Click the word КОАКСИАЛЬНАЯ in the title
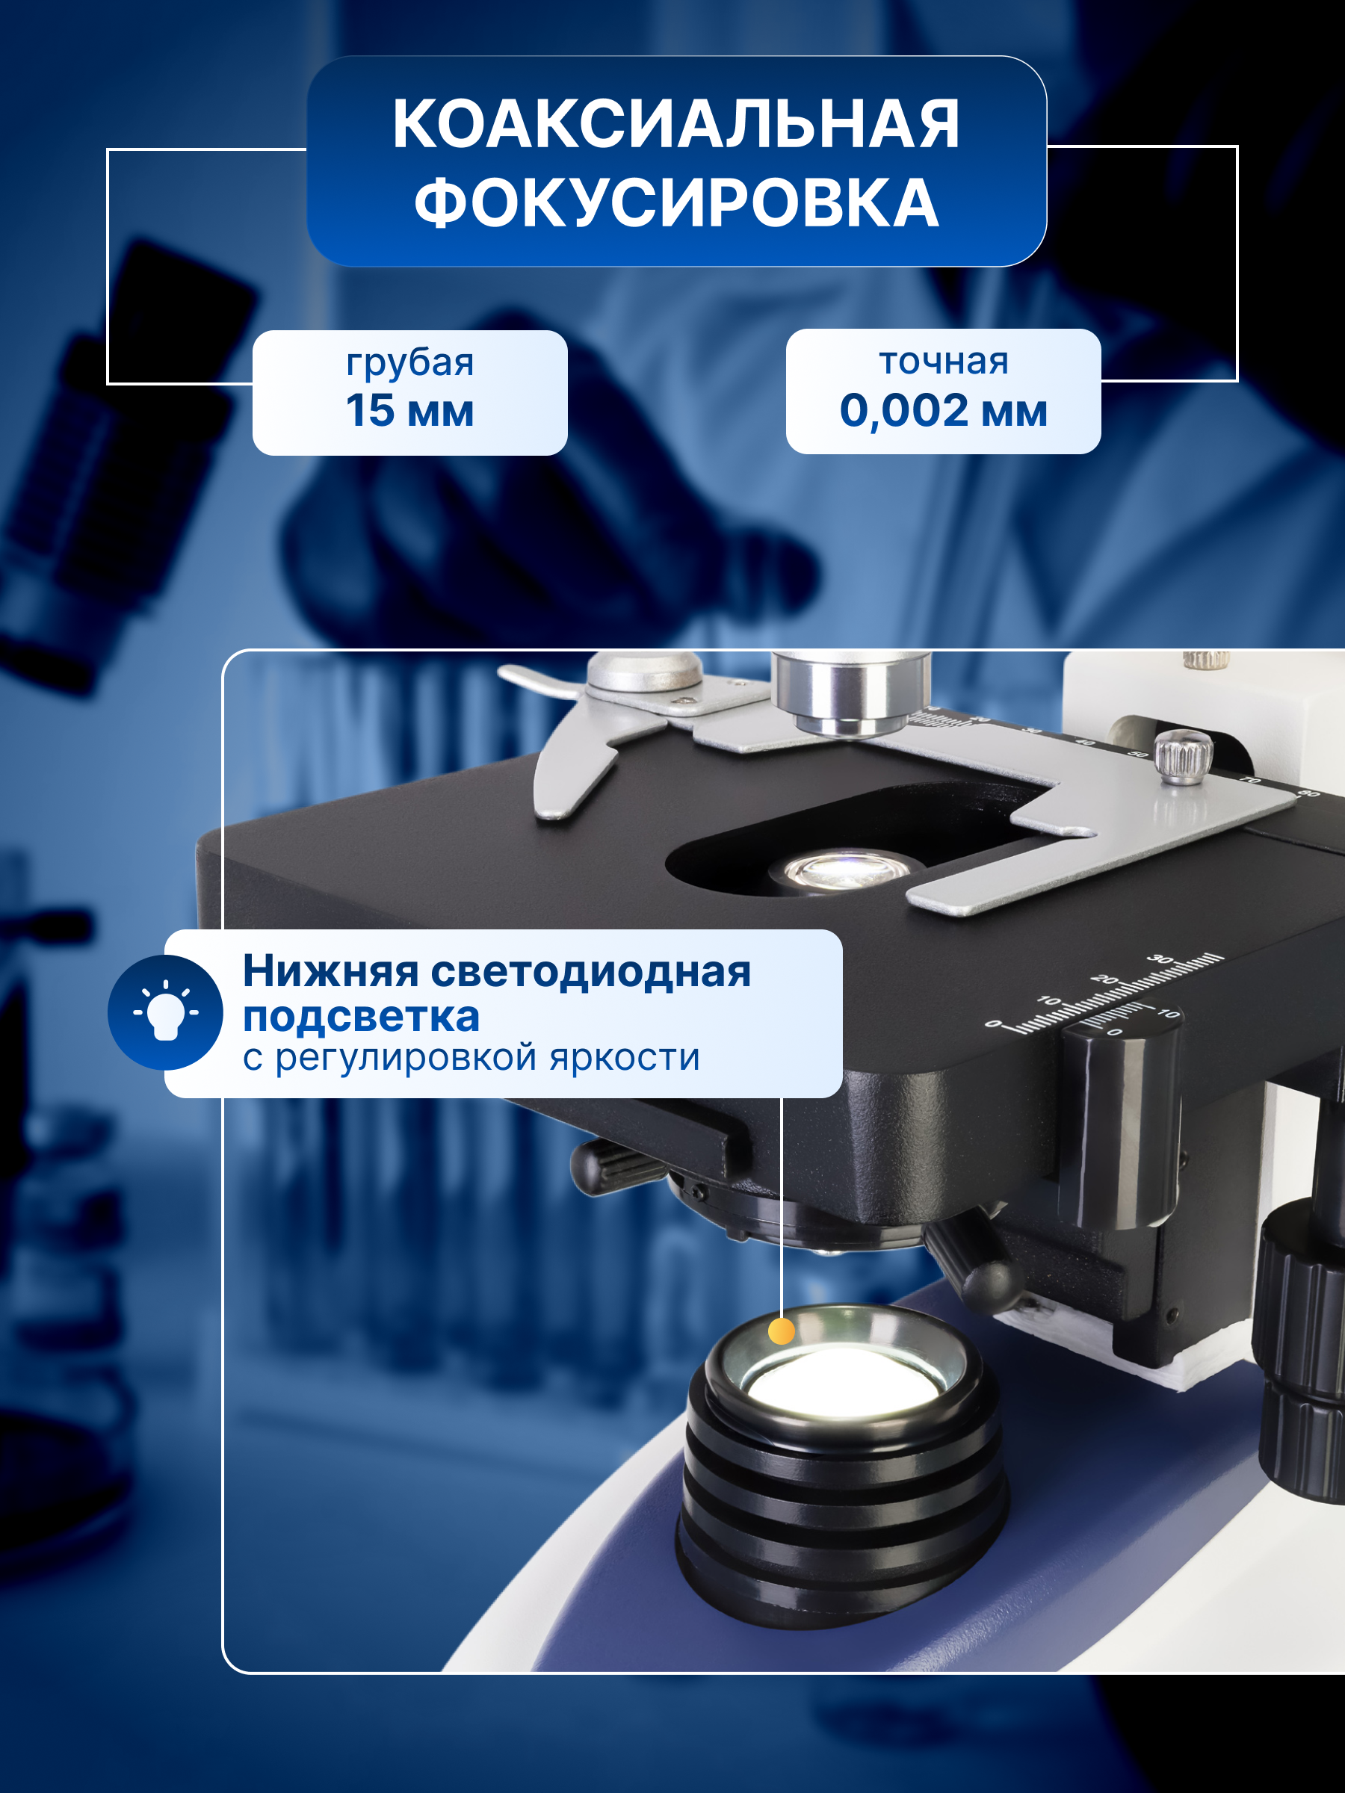[675, 124]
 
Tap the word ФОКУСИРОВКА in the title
[675, 202]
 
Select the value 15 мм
[409, 410]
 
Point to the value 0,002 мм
[943, 410]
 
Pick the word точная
[943, 361]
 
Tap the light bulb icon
[165, 1012]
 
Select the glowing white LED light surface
[843, 1381]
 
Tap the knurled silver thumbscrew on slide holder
[1183, 755]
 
